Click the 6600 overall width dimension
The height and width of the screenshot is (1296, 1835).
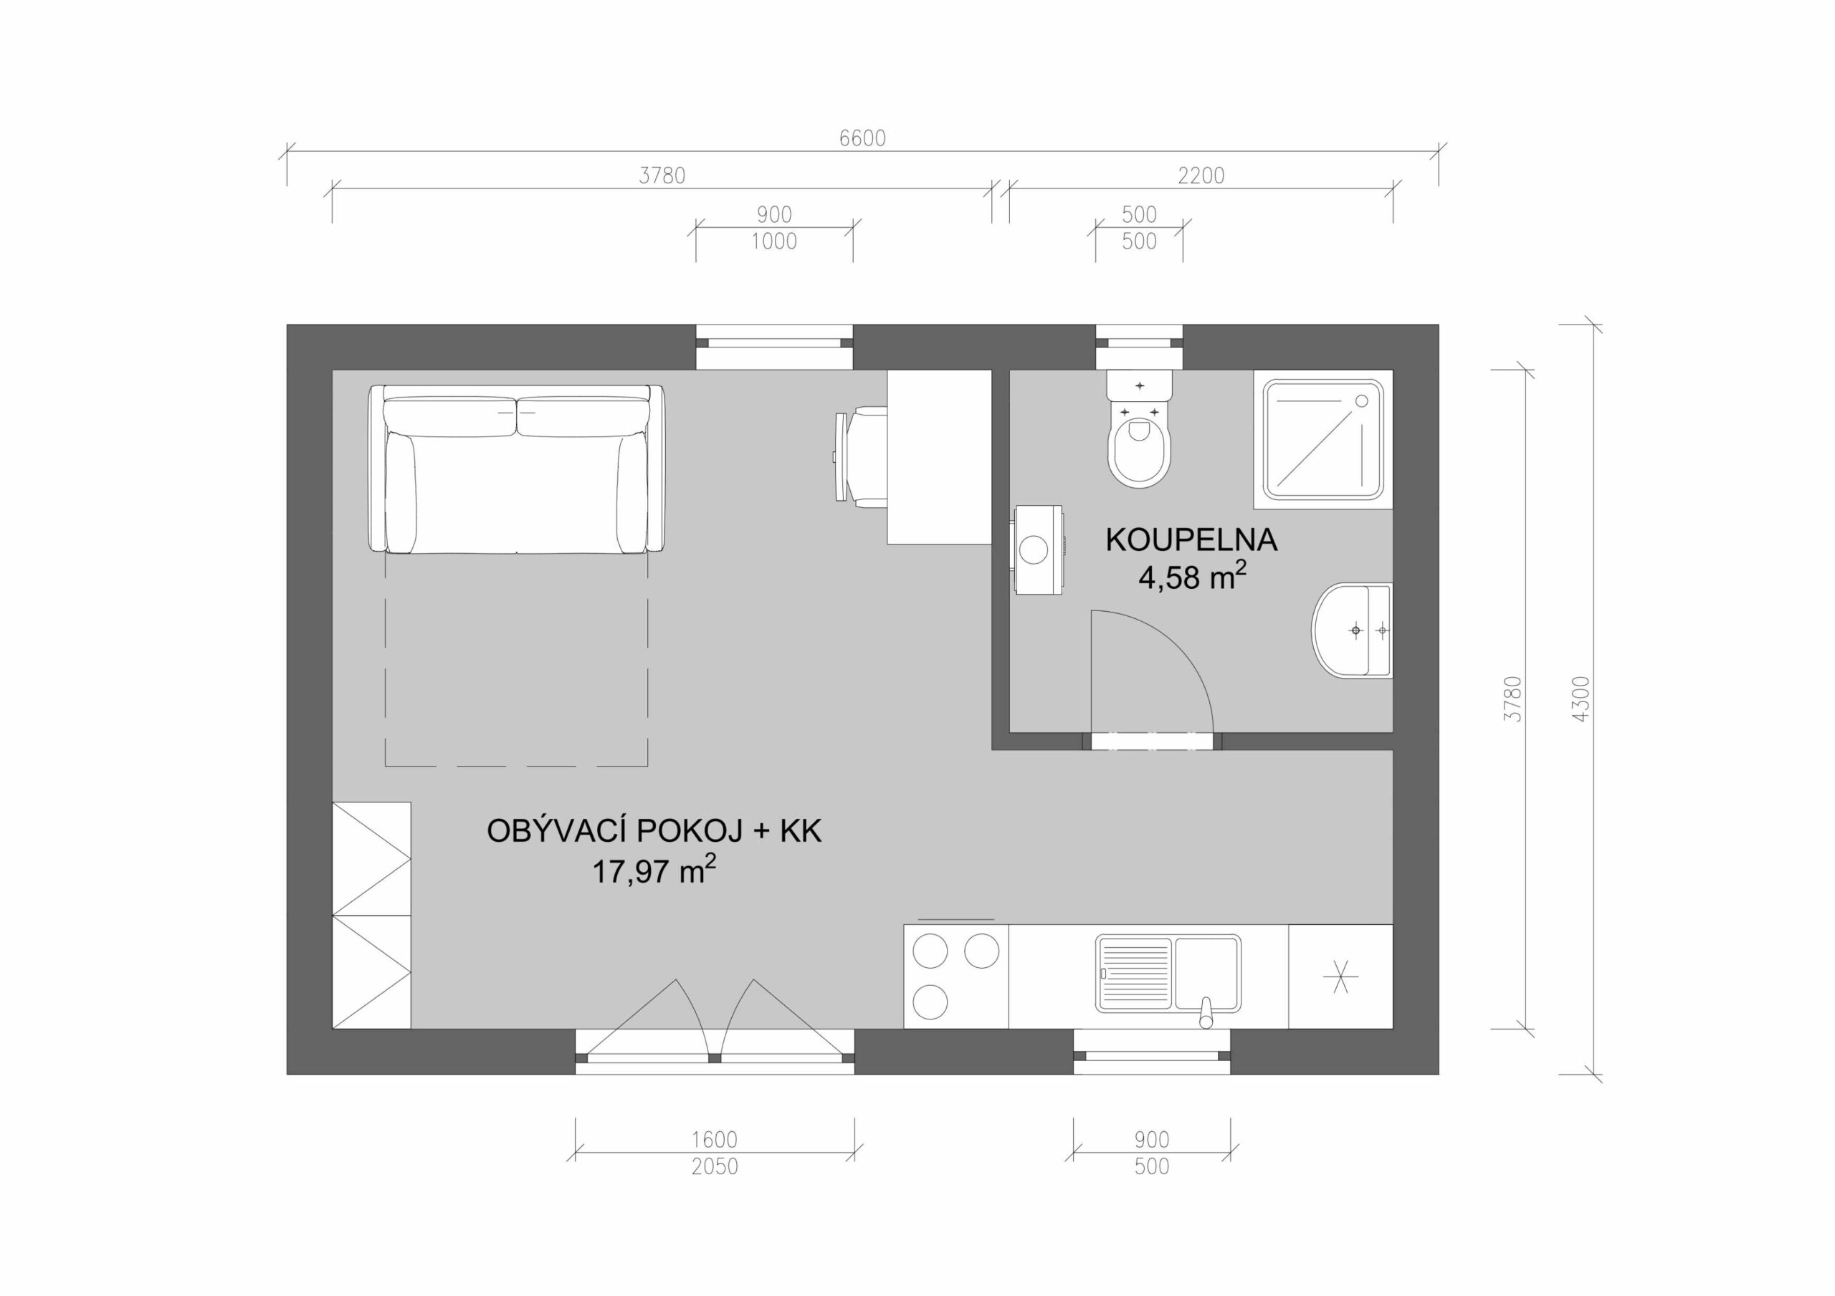point(862,139)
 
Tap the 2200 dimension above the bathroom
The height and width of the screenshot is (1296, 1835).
point(1201,176)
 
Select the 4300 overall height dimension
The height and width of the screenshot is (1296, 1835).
point(1581,699)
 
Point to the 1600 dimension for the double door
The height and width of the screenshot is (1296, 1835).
point(715,1139)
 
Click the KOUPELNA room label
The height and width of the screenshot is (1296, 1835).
point(1191,541)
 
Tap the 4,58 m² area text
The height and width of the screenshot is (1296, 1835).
point(1193,577)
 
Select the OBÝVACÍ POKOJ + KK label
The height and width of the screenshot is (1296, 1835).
point(654,832)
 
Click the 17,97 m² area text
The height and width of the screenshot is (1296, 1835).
point(654,869)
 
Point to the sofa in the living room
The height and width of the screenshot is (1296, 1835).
point(516,469)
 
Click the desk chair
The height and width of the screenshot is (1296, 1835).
point(861,456)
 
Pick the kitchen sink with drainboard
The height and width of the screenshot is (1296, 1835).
point(1168,976)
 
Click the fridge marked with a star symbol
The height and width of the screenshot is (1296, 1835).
point(1340,976)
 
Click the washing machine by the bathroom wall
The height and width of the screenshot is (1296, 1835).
point(1037,549)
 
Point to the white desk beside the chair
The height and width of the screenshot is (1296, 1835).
point(939,457)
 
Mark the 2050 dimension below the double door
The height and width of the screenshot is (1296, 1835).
point(715,1166)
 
